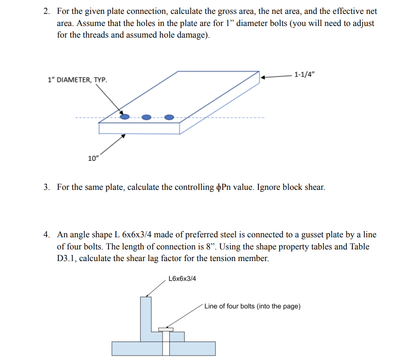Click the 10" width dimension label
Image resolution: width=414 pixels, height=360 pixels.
tap(94, 158)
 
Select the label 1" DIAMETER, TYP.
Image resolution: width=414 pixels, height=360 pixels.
tap(78, 80)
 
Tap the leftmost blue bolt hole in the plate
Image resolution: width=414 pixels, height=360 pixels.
tap(125, 117)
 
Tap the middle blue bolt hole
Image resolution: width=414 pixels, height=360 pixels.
tap(147, 118)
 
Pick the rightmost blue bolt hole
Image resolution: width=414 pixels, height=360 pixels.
tap(169, 117)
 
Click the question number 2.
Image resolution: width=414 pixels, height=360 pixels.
tap(47, 11)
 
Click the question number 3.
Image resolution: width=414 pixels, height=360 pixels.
tap(47, 187)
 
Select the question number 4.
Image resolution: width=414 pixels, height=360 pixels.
tap(47, 235)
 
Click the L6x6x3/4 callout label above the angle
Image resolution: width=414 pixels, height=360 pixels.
tap(182, 279)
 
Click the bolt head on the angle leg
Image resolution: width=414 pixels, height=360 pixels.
tap(166, 330)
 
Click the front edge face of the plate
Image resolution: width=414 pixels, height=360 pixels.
tap(139, 129)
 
